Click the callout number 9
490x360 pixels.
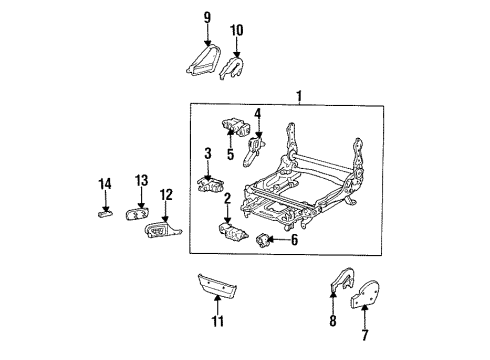tap(207, 17)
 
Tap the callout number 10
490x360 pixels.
tap(237, 30)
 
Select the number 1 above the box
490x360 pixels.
tap(299, 96)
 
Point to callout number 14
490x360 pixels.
tap(105, 184)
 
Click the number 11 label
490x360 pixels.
tap(218, 322)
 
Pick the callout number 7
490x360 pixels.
tap(365, 335)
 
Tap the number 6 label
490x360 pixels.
tap(294, 240)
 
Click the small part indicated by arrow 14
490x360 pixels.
tap(105, 213)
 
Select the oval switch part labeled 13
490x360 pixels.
tap(137, 213)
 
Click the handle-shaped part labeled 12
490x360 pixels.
tap(162, 230)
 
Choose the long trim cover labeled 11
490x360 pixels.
tap(218, 285)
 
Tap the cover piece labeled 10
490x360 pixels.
tap(231, 68)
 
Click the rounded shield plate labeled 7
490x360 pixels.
tap(365, 294)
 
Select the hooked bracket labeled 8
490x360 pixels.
tap(343, 279)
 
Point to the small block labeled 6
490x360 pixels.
tap(262, 241)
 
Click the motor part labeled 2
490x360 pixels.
tap(233, 232)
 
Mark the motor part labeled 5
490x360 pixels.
tap(237, 127)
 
